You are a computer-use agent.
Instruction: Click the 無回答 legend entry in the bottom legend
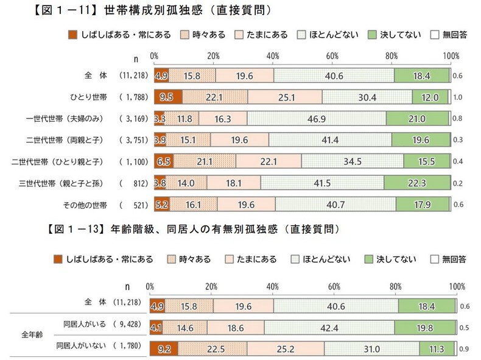click(450, 259)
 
